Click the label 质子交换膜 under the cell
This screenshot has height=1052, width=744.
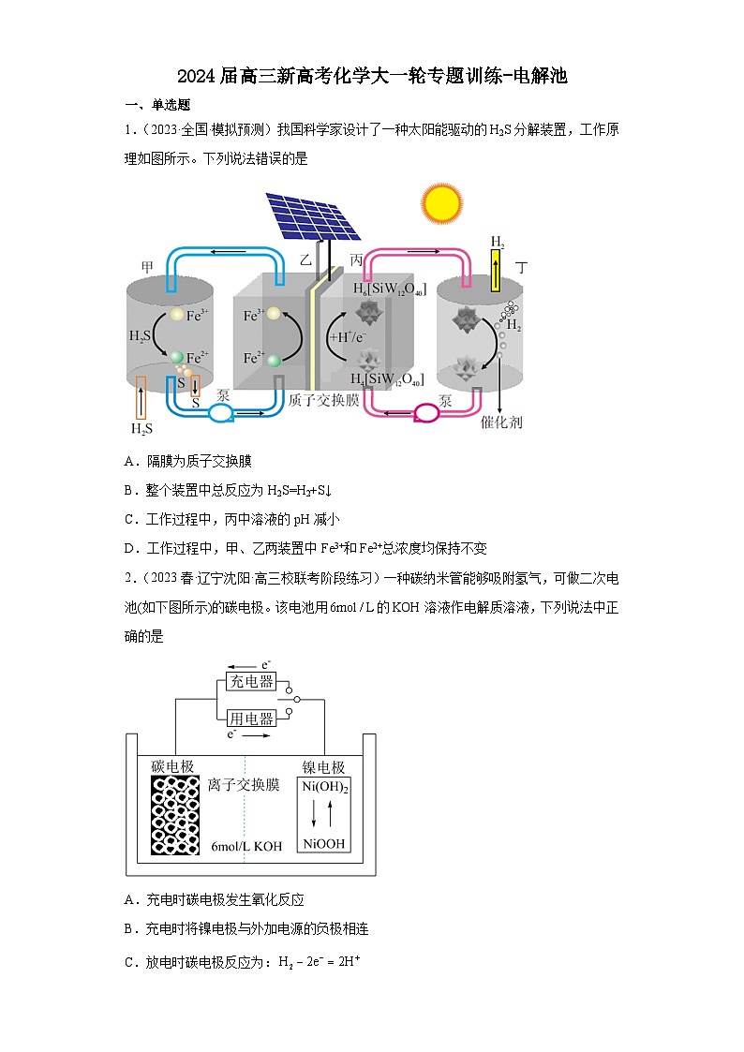coord(325,400)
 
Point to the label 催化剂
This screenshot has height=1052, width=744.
coord(500,422)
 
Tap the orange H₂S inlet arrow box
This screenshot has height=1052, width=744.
coord(141,399)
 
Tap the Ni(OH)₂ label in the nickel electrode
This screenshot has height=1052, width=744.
coord(325,787)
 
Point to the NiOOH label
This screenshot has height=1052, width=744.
coord(324,843)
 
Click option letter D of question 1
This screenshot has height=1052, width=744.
coord(129,548)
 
